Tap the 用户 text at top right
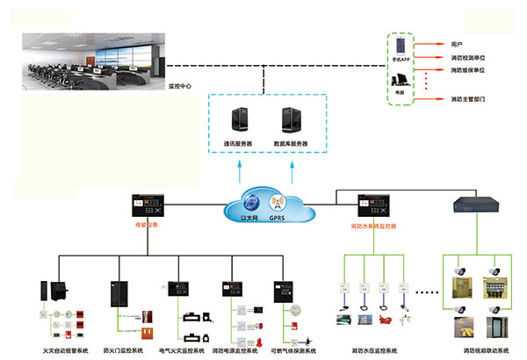pyautogui.click(x=456, y=42)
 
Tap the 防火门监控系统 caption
pyautogui.click(x=124, y=351)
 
